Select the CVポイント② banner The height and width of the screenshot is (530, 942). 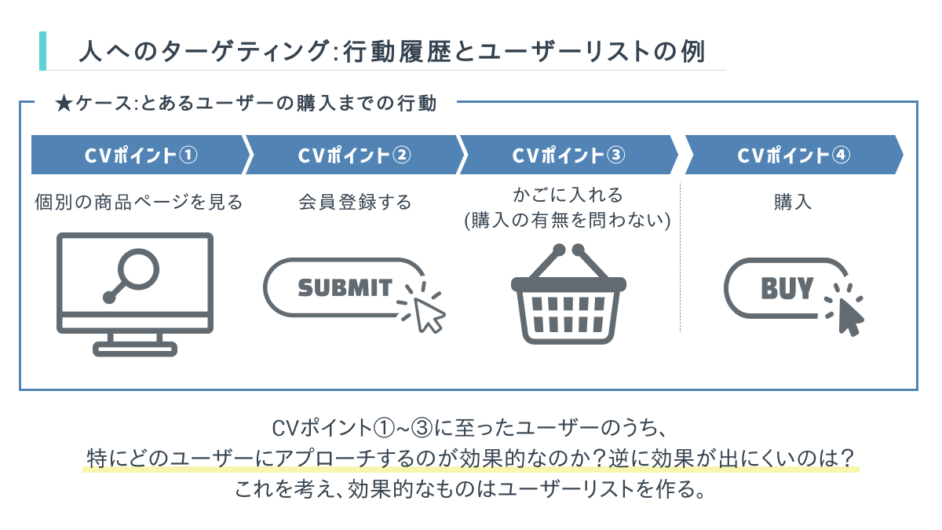click(353, 155)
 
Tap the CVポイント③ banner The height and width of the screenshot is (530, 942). click(568, 155)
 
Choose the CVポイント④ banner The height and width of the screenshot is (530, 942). click(793, 155)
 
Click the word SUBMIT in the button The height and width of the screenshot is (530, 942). click(345, 287)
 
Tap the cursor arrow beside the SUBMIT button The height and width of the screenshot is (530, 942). click(429, 315)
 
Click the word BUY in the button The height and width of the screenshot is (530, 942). click(787, 288)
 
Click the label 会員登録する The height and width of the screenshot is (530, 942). click(355, 203)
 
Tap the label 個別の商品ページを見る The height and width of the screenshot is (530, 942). click(139, 203)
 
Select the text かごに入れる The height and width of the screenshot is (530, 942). click(568, 195)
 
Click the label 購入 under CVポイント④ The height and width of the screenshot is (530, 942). click(792, 203)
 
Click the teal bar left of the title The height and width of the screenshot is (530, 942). click(42, 51)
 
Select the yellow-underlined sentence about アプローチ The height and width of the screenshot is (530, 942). click(470, 458)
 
